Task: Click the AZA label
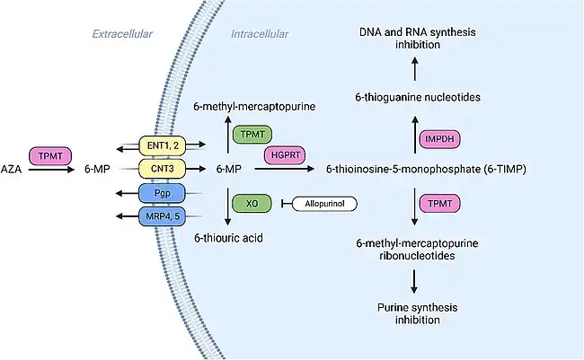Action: point(13,169)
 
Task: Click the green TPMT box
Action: point(252,134)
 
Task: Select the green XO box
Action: point(252,204)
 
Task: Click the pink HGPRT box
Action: point(285,155)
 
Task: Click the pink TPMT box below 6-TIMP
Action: point(439,204)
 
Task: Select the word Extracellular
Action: point(122,35)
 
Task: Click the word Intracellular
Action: point(260,35)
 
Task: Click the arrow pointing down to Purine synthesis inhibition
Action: point(415,279)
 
